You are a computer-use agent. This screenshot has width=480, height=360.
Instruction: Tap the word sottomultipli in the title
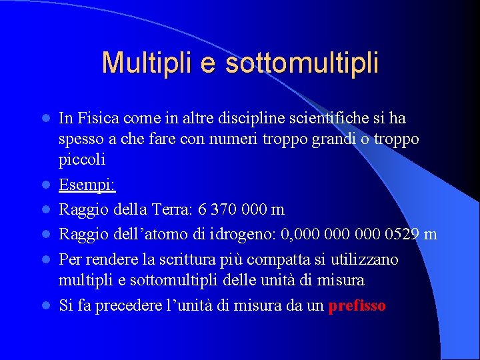click(x=302, y=63)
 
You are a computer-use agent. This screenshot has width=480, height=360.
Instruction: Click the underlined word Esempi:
click(x=87, y=185)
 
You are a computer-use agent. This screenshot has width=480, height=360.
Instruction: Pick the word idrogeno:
click(x=246, y=234)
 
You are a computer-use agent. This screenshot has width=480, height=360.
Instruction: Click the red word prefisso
click(x=357, y=306)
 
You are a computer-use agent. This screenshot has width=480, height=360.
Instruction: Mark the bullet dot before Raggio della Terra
click(x=46, y=210)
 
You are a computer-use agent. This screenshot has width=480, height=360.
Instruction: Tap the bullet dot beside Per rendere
click(x=46, y=259)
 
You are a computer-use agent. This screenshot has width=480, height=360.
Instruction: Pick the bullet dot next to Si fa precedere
click(x=46, y=307)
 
